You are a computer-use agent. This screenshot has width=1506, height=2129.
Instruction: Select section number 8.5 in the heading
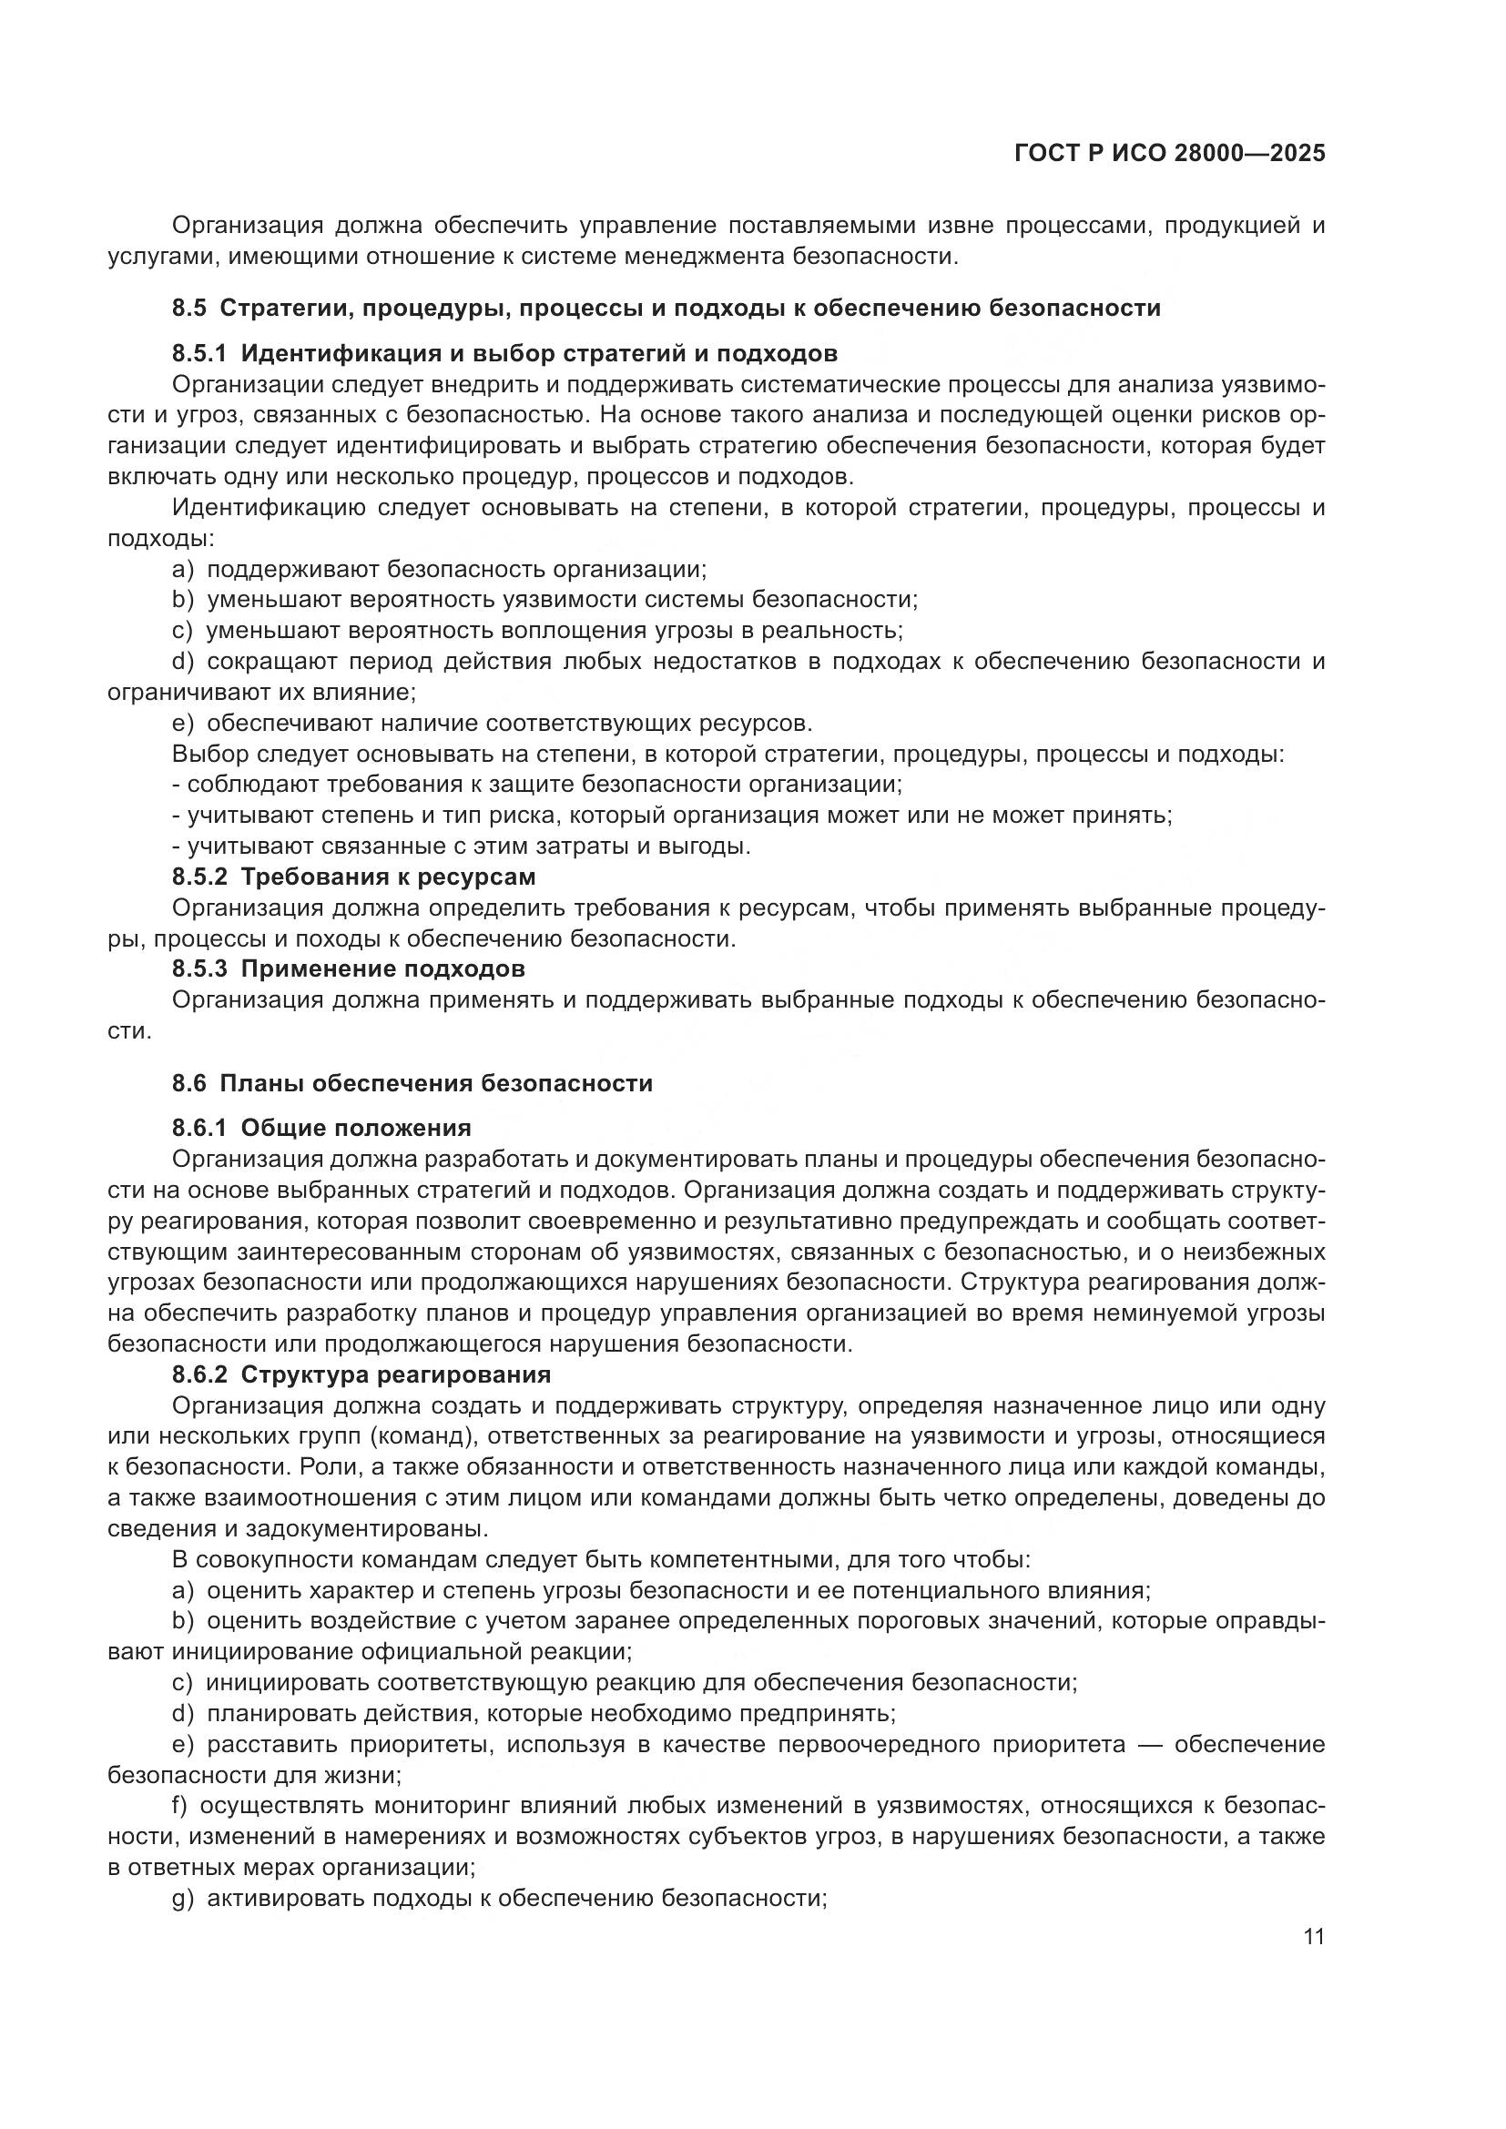(189, 308)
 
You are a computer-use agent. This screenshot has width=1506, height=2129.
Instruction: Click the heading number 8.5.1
(199, 353)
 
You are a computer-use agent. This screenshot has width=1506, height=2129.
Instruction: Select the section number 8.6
(189, 1083)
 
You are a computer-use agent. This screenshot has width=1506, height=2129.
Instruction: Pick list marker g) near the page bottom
(183, 1898)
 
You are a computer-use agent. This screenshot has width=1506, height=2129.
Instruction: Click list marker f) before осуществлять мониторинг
(180, 1805)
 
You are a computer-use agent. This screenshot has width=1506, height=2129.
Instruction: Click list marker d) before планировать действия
(183, 1713)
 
